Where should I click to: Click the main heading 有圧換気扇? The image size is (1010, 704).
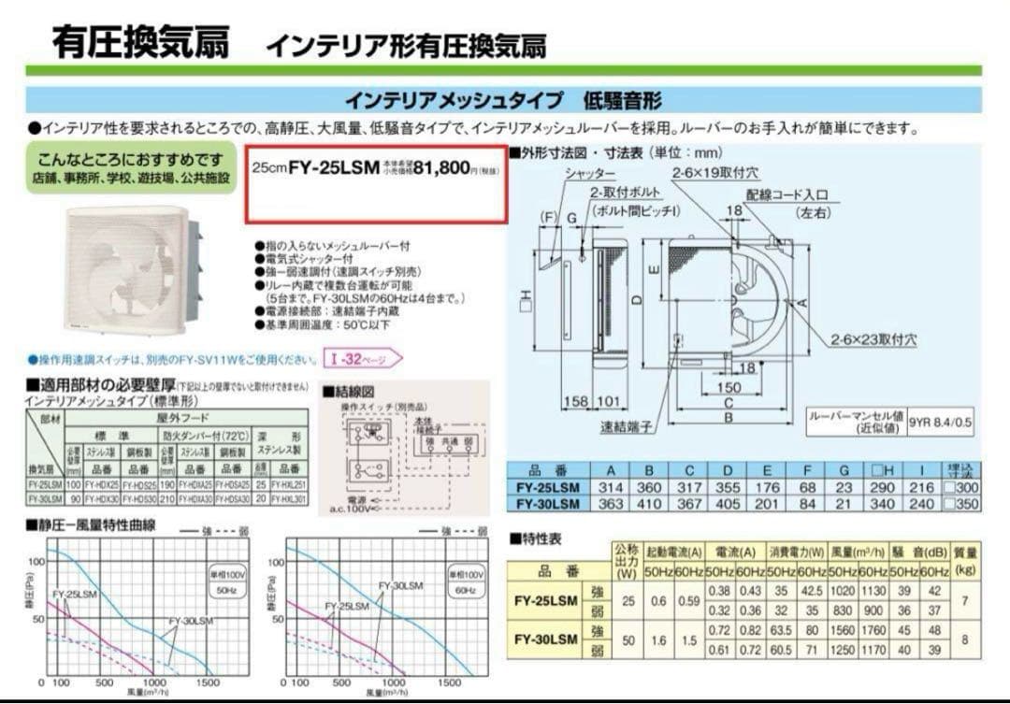(x=140, y=42)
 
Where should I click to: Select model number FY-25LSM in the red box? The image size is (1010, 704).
(x=334, y=168)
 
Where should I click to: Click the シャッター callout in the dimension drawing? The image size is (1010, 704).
(x=590, y=175)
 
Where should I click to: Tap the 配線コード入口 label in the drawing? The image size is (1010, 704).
(x=787, y=194)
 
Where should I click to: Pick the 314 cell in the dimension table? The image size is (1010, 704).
(x=614, y=488)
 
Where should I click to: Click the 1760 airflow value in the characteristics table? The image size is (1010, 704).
(x=872, y=630)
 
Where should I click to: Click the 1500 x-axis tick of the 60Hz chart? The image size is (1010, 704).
(x=464, y=683)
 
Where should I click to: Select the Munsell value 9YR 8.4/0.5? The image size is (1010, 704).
(x=941, y=422)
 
